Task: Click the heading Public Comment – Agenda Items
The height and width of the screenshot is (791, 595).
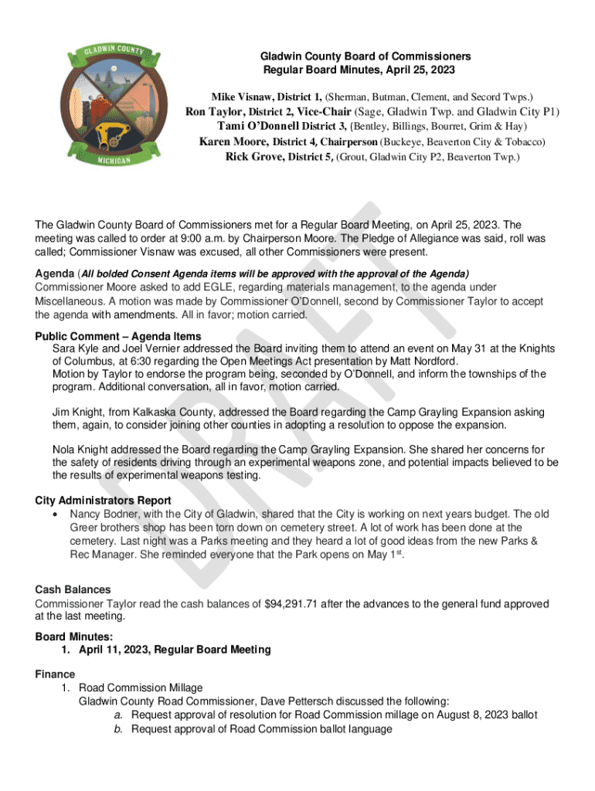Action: pyautogui.click(x=118, y=336)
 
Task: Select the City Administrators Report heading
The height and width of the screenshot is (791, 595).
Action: pyautogui.click(x=103, y=501)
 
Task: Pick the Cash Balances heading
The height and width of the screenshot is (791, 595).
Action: pyautogui.click(x=73, y=590)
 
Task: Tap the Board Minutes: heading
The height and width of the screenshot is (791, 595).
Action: pyautogui.click(x=74, y=637)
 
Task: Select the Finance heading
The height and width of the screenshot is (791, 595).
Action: pyautogui.click(x=55, y=674)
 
